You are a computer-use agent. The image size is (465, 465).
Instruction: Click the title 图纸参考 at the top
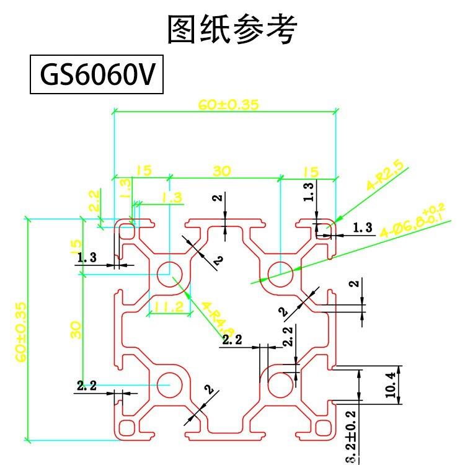point(232,29)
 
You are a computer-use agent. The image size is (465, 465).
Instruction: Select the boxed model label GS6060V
point(97,75)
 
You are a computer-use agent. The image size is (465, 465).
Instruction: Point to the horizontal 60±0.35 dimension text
point(228,105)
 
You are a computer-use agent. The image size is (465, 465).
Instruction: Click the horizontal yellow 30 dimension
point(221,170)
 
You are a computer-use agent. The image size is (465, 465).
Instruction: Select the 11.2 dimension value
point(169,306)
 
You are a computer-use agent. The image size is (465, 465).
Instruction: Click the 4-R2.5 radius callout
point(385,175)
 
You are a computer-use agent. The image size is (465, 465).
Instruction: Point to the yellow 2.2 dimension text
point(94,201)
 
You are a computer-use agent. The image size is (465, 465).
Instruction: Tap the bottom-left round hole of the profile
point(168,384)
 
